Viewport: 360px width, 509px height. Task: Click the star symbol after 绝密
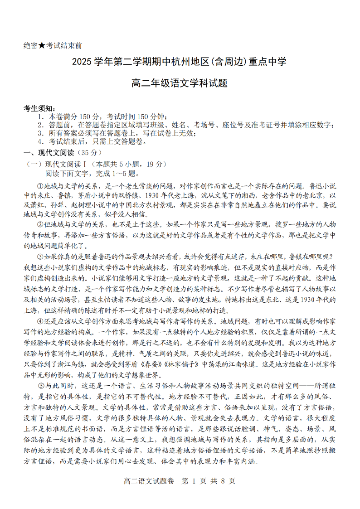tap(42, 45)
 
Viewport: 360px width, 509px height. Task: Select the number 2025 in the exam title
tap(83, 62)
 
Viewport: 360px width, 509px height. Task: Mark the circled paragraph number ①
tap(40, 186)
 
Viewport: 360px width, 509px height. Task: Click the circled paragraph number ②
tap(40, 224)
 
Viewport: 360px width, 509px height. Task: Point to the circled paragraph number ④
tap(40, 321)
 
